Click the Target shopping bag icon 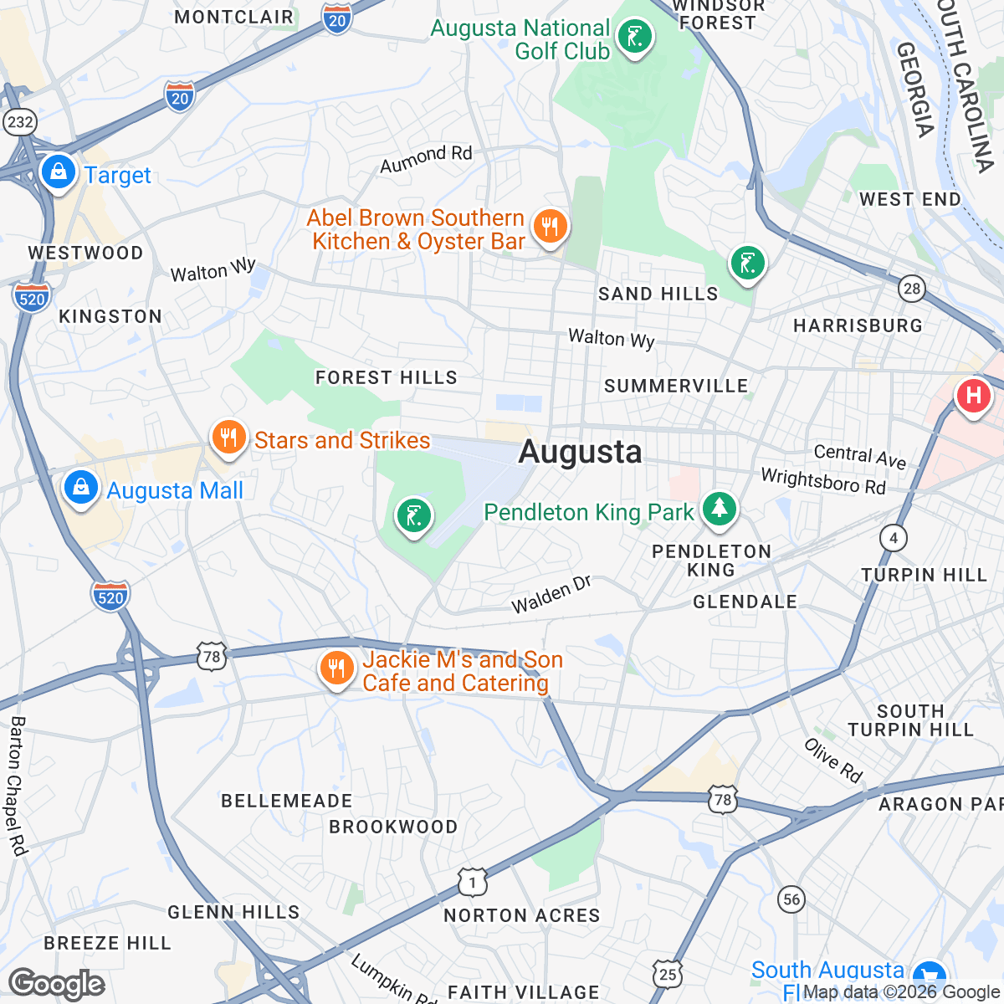click(58, 172)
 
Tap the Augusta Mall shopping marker click(81, 486)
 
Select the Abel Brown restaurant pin click(549, 226)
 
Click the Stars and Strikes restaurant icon click(228, 437)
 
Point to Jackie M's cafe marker click(336, 668)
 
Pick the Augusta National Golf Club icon click(634, 37)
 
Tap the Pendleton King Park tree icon click(718, 508)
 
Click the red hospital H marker click(973, 394)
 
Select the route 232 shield click(19, 122)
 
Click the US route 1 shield click(473, 883)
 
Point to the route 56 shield click(791, 899)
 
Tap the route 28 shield click(911, 289)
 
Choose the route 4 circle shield click(894, 537)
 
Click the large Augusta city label click(581, 452)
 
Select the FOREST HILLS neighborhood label click(387, 377)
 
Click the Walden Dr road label click(551, 594)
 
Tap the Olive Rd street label click(833, 760)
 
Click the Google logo click(56, 984)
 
